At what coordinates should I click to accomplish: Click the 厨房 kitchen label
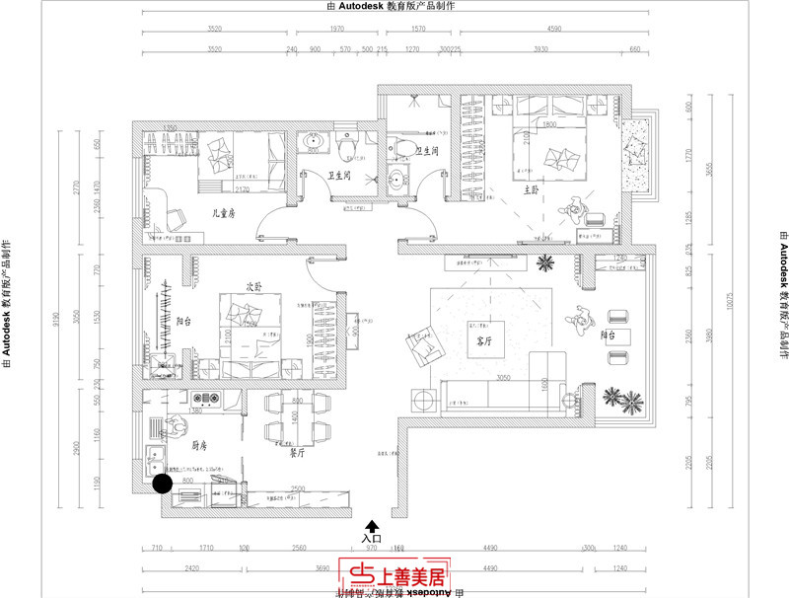click(200, 445)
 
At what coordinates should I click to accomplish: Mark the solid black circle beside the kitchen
click(163, 483)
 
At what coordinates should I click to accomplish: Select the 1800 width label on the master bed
click(550, 125)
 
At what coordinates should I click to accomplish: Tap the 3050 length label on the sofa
click(503, 377)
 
